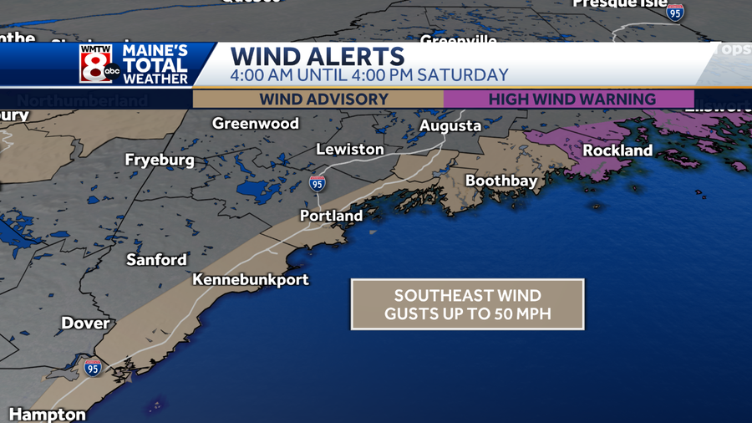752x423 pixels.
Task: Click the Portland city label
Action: coord(332,216)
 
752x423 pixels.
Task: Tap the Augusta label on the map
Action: coord(450,126)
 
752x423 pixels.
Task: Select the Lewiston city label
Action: coord(350,150)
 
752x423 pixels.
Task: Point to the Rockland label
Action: coord(617,150)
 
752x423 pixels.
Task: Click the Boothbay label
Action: coord(501,181)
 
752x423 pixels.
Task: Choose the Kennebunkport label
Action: coord(251,280)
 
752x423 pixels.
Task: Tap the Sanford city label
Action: coord(156,260)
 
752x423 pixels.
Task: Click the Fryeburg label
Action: coord(160,160)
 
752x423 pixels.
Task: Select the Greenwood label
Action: coord(256,124)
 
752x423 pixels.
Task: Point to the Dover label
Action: coord(85,324)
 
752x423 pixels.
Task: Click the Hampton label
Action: coord(48,415)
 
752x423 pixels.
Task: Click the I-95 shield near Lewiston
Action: coord(318,183)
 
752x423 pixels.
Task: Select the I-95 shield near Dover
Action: coord(92,368)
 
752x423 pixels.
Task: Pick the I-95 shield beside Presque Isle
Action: coord(675,12)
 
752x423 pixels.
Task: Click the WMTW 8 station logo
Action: coord(97,64)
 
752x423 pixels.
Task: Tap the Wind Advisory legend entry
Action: coord(323,99)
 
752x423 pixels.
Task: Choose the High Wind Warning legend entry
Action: coord(572,99)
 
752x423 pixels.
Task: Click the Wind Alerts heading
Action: coord(318,57)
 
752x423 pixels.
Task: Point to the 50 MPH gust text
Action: coord(467,315)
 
